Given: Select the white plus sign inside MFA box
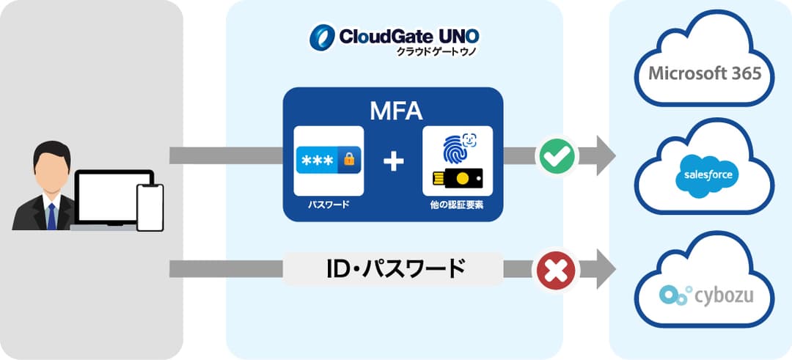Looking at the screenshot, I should pyautogui.click(x=394, y=161).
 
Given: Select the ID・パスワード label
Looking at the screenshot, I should pyautogui.click(x=395, y=269).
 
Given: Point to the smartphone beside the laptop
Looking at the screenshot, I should pyautogui.click(x=150, y=207).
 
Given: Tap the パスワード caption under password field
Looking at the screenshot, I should pyautogui.click(x=329, y=206).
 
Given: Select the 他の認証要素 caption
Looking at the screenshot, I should pyautogui.click(x=458, y=206).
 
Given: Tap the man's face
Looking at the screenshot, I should pyautogui.click(x=51, y=172).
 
